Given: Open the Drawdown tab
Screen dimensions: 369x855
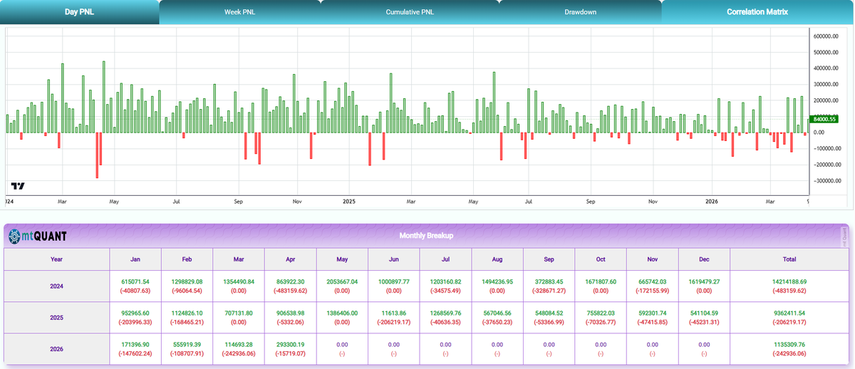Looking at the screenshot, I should (x=580, y=12).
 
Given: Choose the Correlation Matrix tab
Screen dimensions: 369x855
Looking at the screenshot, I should (x=757, y=12).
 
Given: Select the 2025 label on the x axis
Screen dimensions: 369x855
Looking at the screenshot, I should (x=349, y=202).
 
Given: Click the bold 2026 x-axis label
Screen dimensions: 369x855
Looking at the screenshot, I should (x=711, y=202).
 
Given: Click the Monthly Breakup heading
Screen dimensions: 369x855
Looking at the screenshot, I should (x=427, y=235).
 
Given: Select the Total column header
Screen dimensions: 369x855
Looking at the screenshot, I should (x=789, y=259).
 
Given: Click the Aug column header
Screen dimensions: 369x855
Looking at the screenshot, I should (x=497, y=259).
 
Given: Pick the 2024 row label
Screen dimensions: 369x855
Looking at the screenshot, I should (x=56, y=286).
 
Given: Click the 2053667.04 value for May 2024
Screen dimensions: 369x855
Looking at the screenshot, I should (x=343, y=282).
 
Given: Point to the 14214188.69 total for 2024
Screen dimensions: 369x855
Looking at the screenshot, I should (x=789, y=282).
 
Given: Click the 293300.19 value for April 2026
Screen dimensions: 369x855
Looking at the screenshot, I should (x=290, y=344).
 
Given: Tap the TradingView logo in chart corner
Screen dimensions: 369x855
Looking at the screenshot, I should (x=19, y=186).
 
